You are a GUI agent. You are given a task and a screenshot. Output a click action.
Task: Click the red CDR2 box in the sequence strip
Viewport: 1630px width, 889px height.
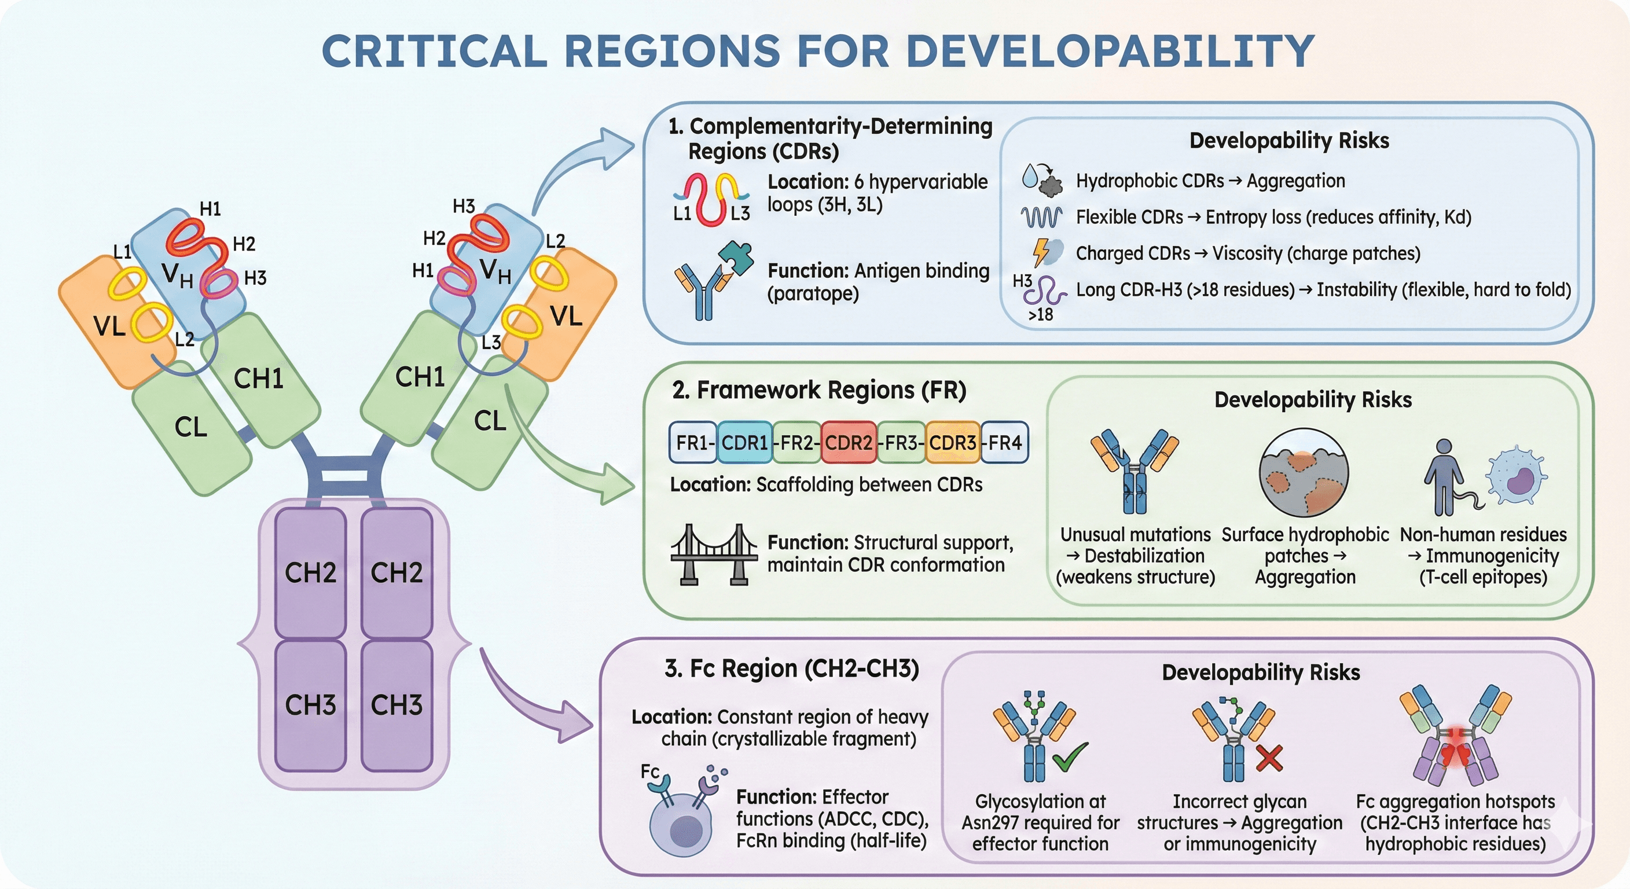point(849,442)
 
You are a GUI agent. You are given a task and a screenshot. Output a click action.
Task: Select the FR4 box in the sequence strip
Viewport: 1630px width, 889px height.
point(1005,442)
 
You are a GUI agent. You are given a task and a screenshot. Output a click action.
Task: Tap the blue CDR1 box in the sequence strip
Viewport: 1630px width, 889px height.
point(745,442)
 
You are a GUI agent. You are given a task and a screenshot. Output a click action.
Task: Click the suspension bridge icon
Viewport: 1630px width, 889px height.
point(714,554)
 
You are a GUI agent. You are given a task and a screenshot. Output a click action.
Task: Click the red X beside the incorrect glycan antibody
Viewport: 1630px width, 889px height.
point(1269,759)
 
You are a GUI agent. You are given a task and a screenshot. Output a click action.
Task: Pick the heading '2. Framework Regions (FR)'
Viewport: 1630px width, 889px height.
point(819,391)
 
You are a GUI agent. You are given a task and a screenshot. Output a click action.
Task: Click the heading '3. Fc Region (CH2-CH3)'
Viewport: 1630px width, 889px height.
point(792,669)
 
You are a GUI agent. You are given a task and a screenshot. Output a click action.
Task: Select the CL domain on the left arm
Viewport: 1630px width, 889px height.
point(191,428)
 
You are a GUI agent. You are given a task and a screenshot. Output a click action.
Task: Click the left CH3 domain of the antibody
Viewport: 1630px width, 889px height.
point(310,705)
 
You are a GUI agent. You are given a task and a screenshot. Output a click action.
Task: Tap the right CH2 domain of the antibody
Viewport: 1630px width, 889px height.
point(396,572)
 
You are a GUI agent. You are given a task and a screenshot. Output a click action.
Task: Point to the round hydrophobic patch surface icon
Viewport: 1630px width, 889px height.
point(1304,473)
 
